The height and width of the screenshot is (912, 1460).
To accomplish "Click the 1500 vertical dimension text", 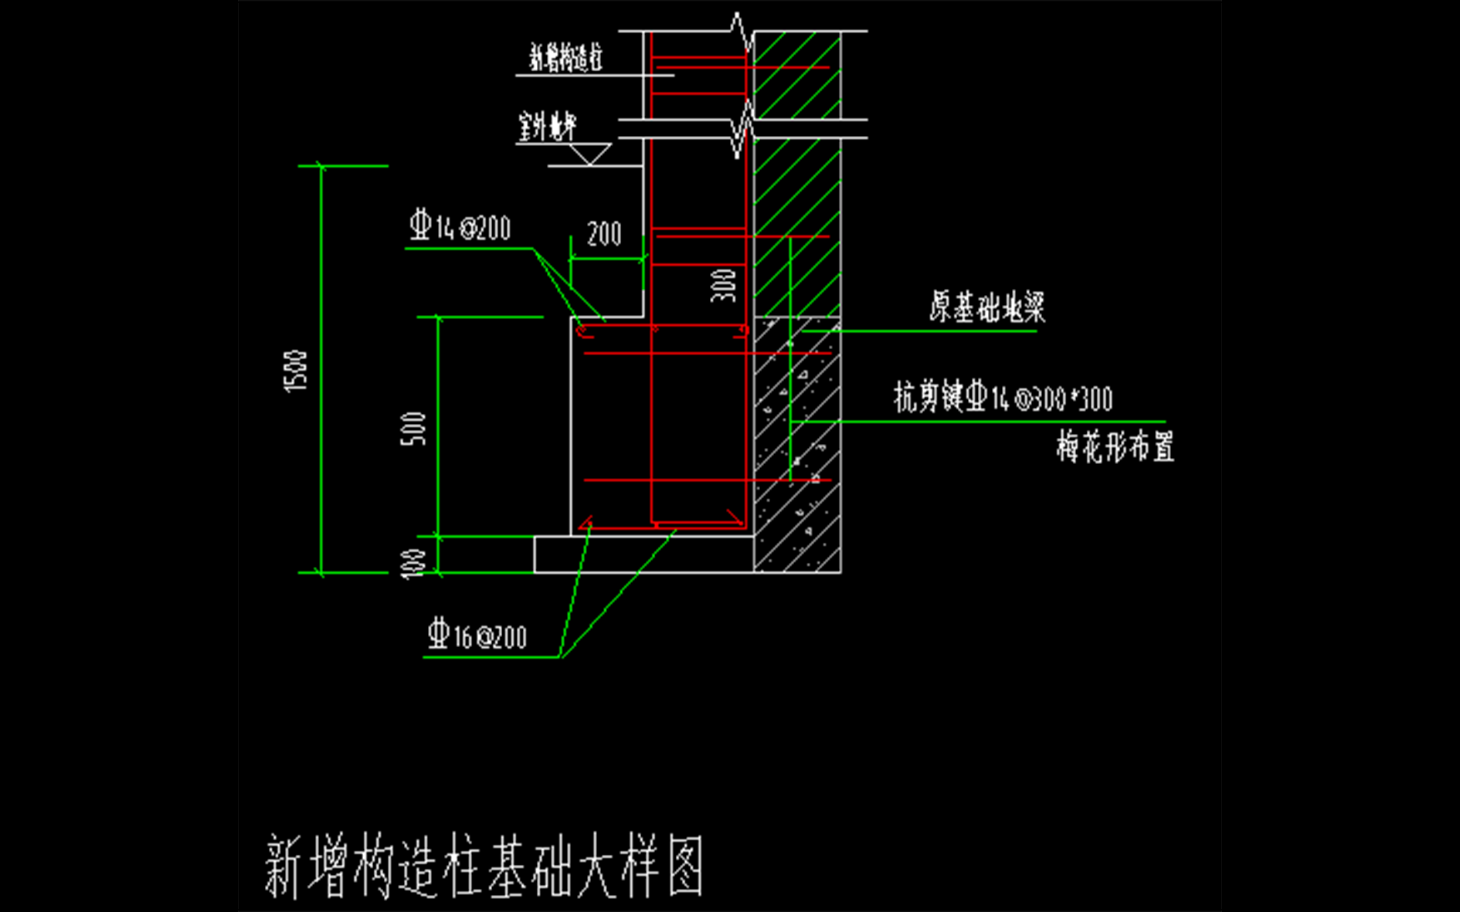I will point(296,371).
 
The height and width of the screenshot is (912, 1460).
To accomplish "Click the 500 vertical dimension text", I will point(413,429).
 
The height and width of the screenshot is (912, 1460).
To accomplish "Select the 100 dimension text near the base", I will point(413,563).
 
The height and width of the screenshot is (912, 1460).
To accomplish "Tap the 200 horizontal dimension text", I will point(603,234).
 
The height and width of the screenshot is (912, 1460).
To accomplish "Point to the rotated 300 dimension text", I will point(724,285).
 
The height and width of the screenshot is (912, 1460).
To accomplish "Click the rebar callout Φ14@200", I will point(460,226).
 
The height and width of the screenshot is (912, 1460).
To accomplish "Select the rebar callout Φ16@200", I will point(477,636).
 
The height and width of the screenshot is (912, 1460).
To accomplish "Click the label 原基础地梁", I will point(986,307).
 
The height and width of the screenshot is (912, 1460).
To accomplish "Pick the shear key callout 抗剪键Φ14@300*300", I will point(1003,398).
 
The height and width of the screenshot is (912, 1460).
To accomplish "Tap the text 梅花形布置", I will point(1115,447).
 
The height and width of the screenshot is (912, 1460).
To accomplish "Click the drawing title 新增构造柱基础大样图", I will point(484,866).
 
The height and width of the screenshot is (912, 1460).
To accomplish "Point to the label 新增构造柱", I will point(565,58).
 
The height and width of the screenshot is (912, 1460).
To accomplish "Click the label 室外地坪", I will point(548,127).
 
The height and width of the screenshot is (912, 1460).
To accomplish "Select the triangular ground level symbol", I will point(590,154).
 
